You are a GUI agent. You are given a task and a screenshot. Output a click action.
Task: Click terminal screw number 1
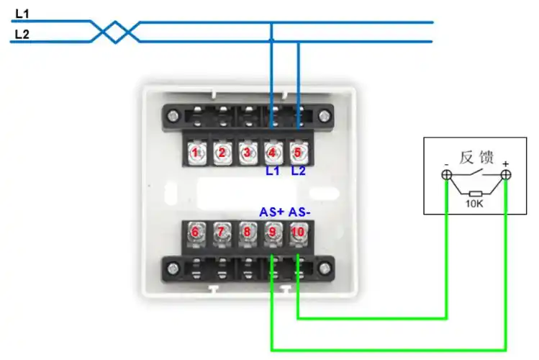pos(194,153)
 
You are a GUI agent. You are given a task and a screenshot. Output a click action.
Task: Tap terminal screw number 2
pos(222,153)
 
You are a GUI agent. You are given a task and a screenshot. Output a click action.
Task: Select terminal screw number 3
pos(247,153)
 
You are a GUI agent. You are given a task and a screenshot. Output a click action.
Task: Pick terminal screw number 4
pos(272,153)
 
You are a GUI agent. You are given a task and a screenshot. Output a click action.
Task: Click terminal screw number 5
pos(298,153)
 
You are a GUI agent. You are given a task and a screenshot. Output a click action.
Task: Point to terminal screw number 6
pos(194,232)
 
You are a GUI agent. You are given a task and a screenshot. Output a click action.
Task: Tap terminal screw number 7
pos(221,232)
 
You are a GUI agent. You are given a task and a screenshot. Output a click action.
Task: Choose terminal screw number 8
pos(247,232)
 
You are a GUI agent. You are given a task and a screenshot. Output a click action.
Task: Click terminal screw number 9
pos(272,232)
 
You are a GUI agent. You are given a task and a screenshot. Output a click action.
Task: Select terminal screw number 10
pos(298,232)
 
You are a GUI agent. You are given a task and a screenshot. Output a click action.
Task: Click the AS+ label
pos(271,212)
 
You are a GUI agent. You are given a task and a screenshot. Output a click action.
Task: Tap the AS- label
pos(300,212)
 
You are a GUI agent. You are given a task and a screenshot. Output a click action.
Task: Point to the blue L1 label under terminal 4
pos(271,171)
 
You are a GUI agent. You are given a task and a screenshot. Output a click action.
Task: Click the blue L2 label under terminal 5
pos(299,171)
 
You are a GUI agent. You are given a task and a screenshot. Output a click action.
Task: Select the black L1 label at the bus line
pos(22,14)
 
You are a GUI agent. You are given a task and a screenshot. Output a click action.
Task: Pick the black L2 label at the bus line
pos(22,33)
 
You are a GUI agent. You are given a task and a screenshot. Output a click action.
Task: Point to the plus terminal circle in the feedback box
pos(506,175)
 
